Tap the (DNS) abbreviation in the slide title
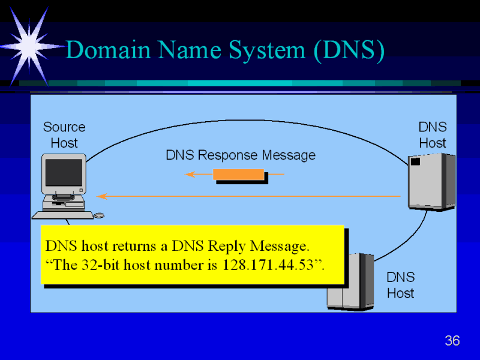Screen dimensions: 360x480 (348, 50)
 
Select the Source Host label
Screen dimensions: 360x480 (64, 135)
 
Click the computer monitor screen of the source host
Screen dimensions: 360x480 (64, 172)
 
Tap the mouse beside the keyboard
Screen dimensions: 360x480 (99, 215)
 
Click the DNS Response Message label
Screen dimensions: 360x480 (240, 155)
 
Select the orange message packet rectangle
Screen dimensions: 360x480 (239, 175)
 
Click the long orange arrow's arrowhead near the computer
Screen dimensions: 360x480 (102, 196)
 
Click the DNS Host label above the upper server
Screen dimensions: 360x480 (432, 135)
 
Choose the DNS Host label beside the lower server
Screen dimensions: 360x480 (400, 285)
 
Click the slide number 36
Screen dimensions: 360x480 (452, 341)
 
